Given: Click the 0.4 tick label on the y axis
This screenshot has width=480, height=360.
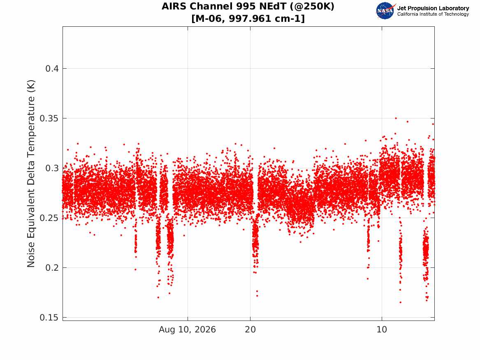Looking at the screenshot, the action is [x=52, y=69].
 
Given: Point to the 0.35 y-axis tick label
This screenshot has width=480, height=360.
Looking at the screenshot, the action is [x=49, y=118].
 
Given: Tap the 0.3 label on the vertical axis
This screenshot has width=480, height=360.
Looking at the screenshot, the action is [x=52, y=168].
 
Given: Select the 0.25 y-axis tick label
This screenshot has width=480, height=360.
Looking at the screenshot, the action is [x=49, y=218].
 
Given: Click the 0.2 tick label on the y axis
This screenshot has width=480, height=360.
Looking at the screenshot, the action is [x=52, y=267].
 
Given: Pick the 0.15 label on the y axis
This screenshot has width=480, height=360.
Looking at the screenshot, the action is [x=49, y=318].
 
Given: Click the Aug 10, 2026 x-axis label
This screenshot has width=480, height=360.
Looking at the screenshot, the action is [x=187, y=330].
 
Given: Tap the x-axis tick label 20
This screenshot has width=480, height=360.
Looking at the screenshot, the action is [x=250, y=330].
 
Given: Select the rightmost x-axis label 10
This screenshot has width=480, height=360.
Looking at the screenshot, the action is [x=382, y=330].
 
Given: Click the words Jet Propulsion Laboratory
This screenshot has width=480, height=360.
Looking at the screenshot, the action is [x=433, y=8].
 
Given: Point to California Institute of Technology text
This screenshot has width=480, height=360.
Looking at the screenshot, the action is [x=433, y=14].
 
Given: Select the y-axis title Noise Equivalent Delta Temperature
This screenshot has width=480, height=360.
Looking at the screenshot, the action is [x=31, y=174].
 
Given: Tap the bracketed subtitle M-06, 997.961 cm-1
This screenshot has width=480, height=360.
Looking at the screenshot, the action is [x=248, y=19].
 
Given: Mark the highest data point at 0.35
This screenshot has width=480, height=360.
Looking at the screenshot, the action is [x=396, y=118].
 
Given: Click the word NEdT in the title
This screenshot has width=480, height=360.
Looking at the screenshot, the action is [x=271, y=7].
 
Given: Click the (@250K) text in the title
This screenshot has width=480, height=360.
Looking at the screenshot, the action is [x=312, y=7].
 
